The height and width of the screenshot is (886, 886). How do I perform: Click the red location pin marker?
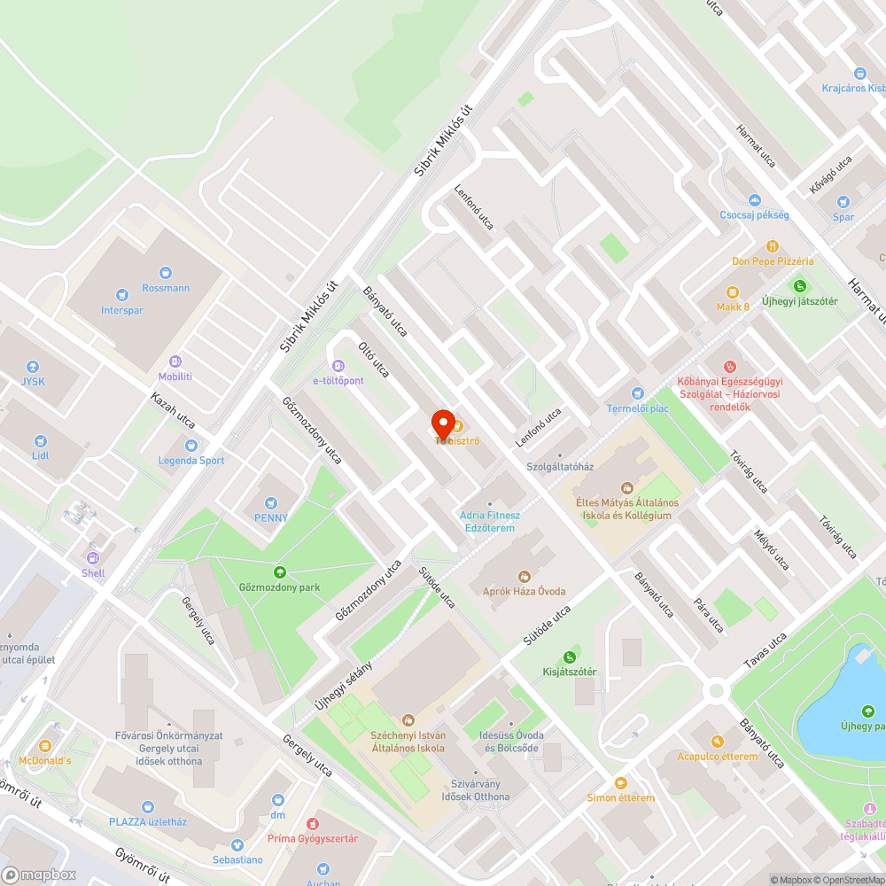(442, 423)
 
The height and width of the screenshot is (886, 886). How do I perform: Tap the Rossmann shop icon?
(166, 273)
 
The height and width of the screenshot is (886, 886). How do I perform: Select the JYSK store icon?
(33, 367)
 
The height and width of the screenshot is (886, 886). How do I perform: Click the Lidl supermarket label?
(40, 455)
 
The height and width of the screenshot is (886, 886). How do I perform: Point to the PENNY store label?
(271, 517)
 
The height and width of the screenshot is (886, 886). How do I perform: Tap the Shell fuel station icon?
(92, 557)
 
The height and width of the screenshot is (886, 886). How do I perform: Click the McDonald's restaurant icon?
(45, 745)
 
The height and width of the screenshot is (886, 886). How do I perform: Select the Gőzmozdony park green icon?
(280, 572)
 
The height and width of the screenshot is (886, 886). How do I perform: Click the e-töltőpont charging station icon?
(338, 365)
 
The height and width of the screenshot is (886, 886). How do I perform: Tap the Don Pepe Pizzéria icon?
(773, 245)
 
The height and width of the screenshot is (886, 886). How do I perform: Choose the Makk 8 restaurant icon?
(733, 292)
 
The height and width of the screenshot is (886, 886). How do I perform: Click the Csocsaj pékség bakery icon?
(754, 200)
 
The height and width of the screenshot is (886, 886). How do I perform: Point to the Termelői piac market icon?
(636, 393)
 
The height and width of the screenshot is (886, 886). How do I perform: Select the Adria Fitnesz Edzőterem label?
(490, 521)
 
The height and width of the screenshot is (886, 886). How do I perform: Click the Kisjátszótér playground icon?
(569, 657)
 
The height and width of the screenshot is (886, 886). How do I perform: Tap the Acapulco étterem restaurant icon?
(717, 741)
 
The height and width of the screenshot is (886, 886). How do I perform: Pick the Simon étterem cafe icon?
(620, 782)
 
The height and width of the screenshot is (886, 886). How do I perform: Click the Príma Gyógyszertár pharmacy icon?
(312, 824)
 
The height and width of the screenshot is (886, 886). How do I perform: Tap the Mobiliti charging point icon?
(175, 361)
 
